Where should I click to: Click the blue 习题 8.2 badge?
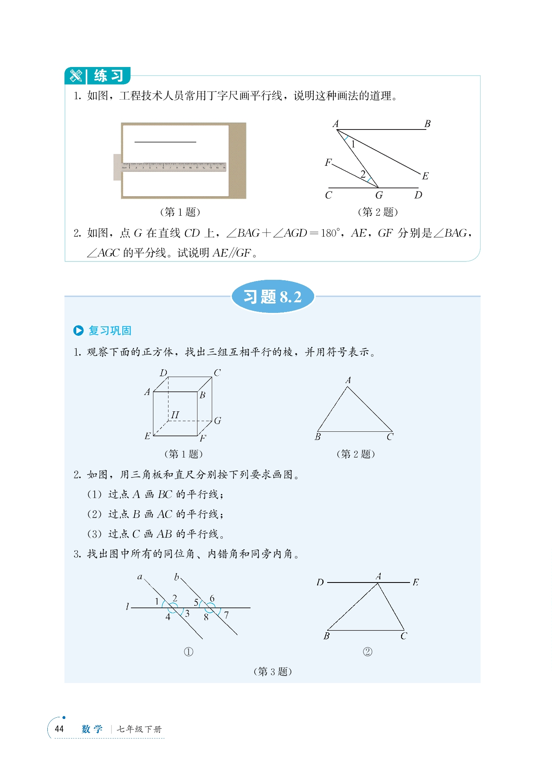pos(273,297)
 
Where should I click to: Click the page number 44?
pos(59,729)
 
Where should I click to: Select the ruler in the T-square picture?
pos(173,167)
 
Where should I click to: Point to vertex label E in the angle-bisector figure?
pos(425,176)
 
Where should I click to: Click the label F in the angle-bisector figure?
pos(328,163)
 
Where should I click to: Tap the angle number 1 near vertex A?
pos(353,144)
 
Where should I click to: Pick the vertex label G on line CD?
pos(379,195)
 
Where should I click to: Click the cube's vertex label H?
pos(175,415)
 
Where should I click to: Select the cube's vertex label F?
pos(203,438)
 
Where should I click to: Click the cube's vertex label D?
pos(163,373)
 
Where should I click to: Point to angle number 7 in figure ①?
pos(226,615)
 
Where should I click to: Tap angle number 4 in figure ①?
pos(168,617)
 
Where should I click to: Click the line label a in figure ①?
pos(140,577)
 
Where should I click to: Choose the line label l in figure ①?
pos(127,607)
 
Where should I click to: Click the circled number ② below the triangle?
pos(367,652)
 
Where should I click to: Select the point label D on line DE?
pos(320,582)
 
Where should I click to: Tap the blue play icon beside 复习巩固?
pos(78,330)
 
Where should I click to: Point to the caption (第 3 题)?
pos(273,672)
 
